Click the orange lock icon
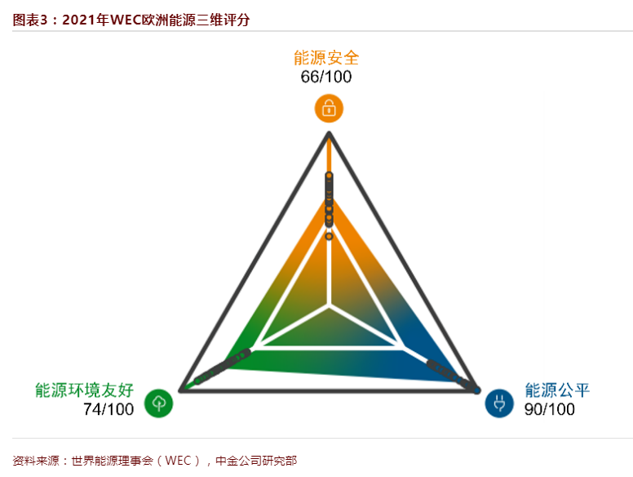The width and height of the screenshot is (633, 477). (329, 109)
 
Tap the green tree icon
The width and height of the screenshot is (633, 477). (158, 403)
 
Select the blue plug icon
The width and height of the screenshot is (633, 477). (499, 403)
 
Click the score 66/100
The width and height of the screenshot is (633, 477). (326, 77)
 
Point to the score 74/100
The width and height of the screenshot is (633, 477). (108, 409)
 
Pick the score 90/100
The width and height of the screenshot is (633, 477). (550, 409)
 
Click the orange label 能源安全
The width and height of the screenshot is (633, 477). (326, 58)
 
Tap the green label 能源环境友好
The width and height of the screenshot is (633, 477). (84, 390)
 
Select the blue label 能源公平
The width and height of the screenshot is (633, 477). (557, 390)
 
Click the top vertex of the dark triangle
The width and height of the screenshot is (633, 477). (329, 133)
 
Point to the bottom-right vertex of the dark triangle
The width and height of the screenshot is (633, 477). (477, 390)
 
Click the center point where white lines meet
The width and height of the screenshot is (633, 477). (330, 305)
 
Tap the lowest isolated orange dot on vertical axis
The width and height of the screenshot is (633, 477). (329, 236)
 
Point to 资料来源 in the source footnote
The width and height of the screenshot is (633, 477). (36, 461)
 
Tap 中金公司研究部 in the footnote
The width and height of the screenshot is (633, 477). (256, 461)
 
